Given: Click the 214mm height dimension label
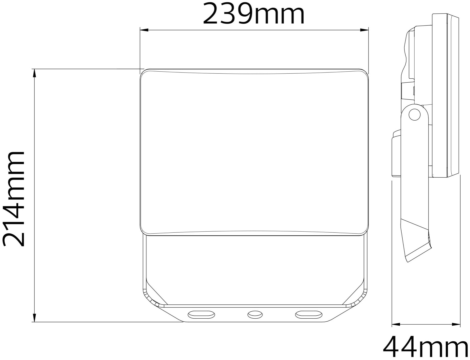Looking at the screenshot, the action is pyautogui.click(x=13, y=199).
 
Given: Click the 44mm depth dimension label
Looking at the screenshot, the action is pyautogui.click(x=426, y=349).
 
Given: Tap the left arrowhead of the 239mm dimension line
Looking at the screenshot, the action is pyautogui.click(x=144, y=30).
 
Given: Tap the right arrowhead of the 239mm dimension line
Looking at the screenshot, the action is pyautogui.click(x=365, y=30).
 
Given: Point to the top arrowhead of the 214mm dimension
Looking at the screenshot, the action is pyautogui.click(x=34, y=73).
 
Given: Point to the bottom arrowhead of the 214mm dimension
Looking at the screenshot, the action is pyautogui.click(x=34, y=318).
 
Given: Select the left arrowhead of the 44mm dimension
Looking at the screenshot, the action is pyautogui.click(x=396, y=331).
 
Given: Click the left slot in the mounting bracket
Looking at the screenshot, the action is pyautogui.click(x=201, y=314).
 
